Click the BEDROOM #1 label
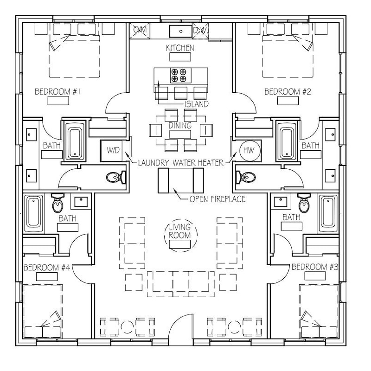click(x=58, y=92)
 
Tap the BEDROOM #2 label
click(x=288, y=92)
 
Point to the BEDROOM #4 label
click(x=46, y=267)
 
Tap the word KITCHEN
click(x=180, y=48)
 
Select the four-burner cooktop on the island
click(x=179, y=75)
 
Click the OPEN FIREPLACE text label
click(x=217, y=199)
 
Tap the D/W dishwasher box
click(x=201, y=31)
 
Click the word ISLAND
click(x=196, y=104)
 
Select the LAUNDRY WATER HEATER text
click(x=181, y=163)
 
